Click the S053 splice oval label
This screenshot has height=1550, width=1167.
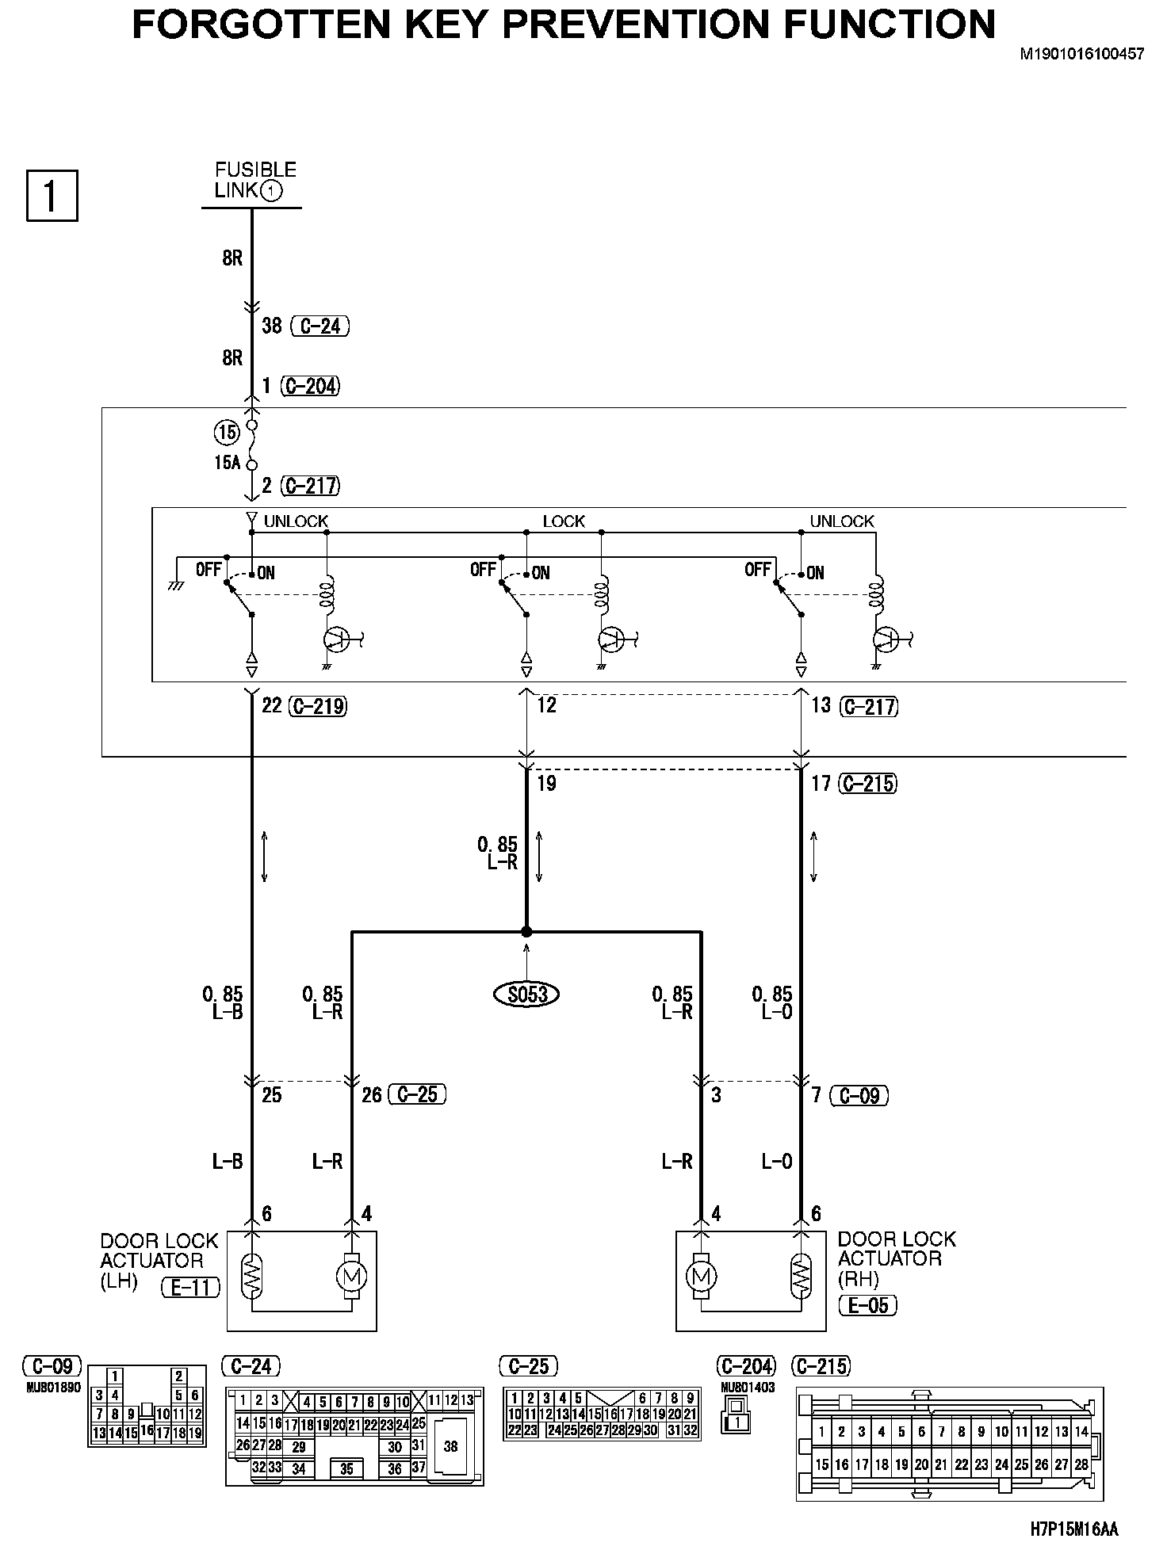click(x=526, y=994)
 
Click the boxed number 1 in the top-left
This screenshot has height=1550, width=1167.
click(x=52, y=195)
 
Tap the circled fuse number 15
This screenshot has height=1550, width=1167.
click(x=227, y=432)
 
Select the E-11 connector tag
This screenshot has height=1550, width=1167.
click(x=190, y=1288)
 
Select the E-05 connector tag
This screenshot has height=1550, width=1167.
click(x=868, y=1305)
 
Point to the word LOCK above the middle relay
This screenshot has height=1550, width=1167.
click(x=564, y=521)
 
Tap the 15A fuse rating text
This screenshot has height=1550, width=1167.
click(x=227, y=463)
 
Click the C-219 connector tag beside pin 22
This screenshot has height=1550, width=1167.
click(x=317, y=706)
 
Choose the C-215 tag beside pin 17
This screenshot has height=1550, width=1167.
click(x=868, y=784)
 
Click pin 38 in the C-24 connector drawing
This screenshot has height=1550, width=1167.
click(x=450, y=1446)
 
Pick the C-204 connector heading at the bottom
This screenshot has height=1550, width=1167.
click(x=746, y=1366)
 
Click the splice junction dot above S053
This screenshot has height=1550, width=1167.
click(x=526, y=932)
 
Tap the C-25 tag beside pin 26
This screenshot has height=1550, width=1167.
click(x=417, y=1094)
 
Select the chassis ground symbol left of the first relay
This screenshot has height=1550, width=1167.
click(x=176, y=584)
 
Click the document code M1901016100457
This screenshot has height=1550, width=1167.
click(x=1081, y=55)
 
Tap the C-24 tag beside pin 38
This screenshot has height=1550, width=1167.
click(x=320, y=326)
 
